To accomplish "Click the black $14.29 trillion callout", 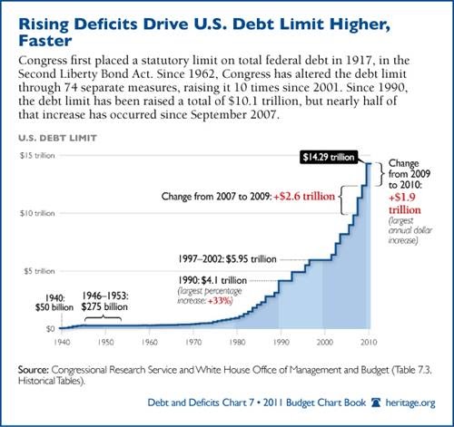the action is tap(329, 157).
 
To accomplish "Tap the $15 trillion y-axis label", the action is tap(37, 155).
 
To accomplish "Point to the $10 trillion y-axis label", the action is tap(37, 213).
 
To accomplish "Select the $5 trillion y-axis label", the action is tap(39, 271).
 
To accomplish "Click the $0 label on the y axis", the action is tap(50, 328).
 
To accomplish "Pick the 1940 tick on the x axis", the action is tap(62, 342).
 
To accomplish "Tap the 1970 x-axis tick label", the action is tap(193, 342).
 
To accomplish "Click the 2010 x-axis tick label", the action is tap(369, 342).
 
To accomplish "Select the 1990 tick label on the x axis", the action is tap(281, 342).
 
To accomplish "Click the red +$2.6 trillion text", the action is tap(304, 197).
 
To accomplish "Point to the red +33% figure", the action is tap(220, 301).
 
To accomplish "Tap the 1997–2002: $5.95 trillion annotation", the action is tap(227, 259).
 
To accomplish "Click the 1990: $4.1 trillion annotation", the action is tap(212, 280).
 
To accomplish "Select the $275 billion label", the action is tap(104, 306).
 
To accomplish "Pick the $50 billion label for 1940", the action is tap(54, 307).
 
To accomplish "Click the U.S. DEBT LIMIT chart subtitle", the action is tap(57, 138).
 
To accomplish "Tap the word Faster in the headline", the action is tap(45, 41).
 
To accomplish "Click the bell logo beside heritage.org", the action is tap(376, 403).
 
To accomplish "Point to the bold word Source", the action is tap(34, 370).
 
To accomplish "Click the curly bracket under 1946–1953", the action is tap(103, 318).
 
